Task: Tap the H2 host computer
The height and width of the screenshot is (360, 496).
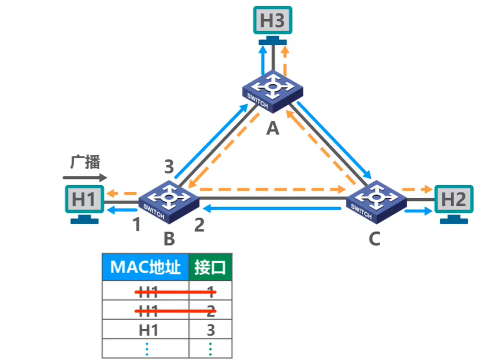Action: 454,201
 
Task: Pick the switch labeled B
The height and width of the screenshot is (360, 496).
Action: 168,198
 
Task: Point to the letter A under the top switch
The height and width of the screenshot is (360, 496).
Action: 272,128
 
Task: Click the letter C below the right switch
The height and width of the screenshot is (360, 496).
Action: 374,239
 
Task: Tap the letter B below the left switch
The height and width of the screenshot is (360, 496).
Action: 169,239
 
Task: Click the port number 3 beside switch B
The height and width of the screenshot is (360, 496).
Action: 168,168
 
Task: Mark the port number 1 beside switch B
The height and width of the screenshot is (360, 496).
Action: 137,225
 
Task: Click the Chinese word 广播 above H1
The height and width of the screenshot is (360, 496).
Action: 85,162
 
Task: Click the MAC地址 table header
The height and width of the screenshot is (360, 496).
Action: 145,267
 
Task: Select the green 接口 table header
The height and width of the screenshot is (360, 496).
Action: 210,267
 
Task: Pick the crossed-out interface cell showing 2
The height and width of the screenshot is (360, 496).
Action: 210,311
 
